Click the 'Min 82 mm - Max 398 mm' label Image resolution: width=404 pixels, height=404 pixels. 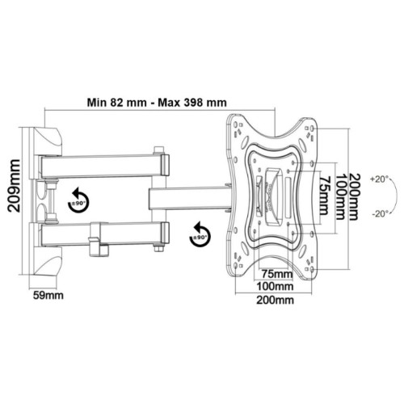pos(157,103)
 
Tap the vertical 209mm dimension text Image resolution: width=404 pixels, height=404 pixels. pos(14,186)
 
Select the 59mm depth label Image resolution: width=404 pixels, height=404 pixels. pos(48,296)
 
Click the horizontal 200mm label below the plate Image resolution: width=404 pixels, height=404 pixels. pos(275,300)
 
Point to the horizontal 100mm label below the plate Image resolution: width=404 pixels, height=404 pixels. pos(275,286)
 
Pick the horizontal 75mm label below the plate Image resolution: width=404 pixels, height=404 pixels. pos(277,274)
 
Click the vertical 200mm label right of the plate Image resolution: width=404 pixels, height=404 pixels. pos(355,197)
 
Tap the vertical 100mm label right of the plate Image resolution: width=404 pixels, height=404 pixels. pos(340,197)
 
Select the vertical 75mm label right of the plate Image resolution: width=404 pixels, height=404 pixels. pos(325,196)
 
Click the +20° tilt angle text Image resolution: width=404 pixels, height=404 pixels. pos(380,179)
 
